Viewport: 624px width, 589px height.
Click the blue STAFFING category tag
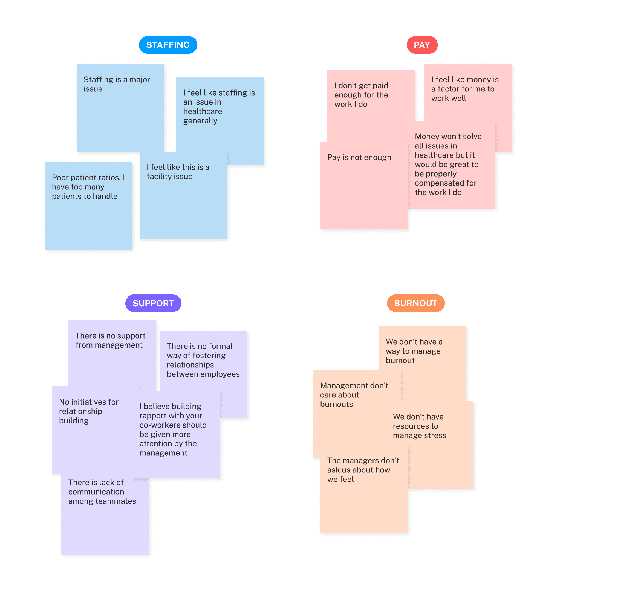(168, 45)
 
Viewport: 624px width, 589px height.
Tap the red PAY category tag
(421, 45)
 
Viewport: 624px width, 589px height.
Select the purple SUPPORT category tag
(153, 303)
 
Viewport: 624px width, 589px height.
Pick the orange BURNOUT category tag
(415, 303)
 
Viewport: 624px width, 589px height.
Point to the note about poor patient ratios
(88, 187)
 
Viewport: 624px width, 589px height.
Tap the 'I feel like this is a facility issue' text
(178, 172)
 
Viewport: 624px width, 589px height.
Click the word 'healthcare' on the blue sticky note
(203, 111)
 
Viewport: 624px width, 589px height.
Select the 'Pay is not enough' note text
(359, 157)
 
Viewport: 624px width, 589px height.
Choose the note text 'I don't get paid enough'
(361, 95)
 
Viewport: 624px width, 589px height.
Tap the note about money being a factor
(464, 89)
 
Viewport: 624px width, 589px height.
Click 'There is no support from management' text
(110, 340)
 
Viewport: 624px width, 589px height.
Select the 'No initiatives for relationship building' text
(88, 411)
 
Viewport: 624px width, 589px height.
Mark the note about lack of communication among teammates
(102, 492)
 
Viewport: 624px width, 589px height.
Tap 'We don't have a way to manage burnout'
(414, 351)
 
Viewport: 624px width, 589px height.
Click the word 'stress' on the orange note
(435, 435)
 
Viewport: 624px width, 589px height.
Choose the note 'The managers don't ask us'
(363, 470)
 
